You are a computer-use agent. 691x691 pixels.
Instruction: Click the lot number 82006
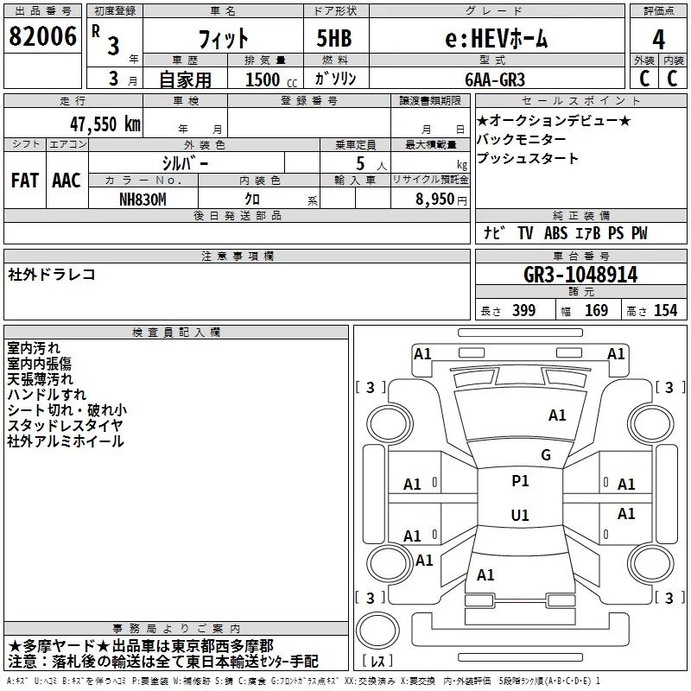pyautogui.click(x=42, y=36)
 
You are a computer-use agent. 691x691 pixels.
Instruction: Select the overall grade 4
pyautogui.click(x=658, y=40)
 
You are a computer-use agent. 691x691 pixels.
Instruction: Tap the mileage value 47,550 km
pyautogui.click(x=105, y=124)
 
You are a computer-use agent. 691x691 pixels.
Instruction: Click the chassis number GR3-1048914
pyautogui.click(x=580, y=275)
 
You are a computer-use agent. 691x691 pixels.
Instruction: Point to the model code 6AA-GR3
pyautogui.click(x=495, y=79)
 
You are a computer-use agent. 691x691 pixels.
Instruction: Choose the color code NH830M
pyautogui.click(x=143, y=200)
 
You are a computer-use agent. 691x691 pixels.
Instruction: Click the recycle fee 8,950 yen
pyautogui.click(x=441, y=200)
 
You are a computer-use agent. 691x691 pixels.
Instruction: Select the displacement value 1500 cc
pyautogui.click(x=271, y=79)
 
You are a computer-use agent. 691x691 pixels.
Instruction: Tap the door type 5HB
pyautogui.click(x=334, y=38)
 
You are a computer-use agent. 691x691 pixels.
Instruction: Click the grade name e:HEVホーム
pyautogui.click(x=496, y=39)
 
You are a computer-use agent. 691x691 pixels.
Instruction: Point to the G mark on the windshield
pyautogui.click(x=546, y=455)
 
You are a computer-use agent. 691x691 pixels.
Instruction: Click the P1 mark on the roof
pyautogui.click(x=520, y=481)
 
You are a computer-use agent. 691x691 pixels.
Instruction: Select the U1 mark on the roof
pyautogui.click(x=520, y=515)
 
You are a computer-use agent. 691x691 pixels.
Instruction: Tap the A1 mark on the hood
pyautogui.click(x=557, y=415)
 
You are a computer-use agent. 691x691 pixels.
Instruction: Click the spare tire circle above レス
pyautogui.click(x=377, y=630)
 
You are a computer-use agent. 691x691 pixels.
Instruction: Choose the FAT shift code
pyautogui.click(x=25, y=181)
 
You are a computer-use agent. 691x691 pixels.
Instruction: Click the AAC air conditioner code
pyautogui.click(x=67, y=181)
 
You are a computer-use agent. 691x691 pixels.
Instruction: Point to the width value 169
pyautogui.click(x=596, y=310)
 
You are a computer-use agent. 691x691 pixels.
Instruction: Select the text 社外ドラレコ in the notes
pyautogui.click(x=52, y=275)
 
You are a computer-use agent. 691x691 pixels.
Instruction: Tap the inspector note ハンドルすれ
pyautogui.click(x=47, y=395)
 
